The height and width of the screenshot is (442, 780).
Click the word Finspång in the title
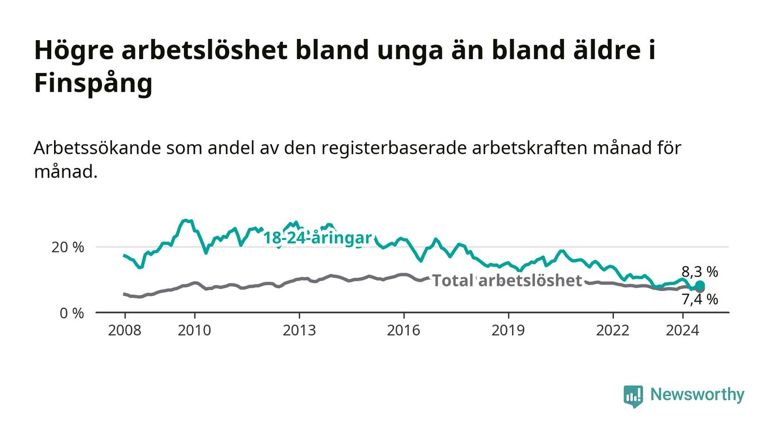94,83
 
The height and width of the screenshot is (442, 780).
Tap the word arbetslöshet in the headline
204,50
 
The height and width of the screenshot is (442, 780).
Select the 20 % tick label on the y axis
67,247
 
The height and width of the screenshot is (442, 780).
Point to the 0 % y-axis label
72,313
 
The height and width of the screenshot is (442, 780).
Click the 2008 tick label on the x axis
125,330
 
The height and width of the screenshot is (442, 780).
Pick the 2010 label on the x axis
194,330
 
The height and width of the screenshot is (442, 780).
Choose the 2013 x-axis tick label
299,330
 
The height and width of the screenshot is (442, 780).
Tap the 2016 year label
403,330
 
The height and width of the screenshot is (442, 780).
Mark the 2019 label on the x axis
508,330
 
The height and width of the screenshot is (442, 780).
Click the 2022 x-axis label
613,330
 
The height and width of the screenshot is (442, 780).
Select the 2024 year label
682,330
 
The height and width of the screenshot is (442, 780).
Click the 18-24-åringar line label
318,238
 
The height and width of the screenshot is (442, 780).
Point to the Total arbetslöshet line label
507,281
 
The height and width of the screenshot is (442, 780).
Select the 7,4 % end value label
700,299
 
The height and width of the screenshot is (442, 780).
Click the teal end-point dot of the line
700,285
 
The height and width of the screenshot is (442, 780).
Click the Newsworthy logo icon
633,396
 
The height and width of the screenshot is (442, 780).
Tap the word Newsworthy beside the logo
697,395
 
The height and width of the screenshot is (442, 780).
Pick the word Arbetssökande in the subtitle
97,148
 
